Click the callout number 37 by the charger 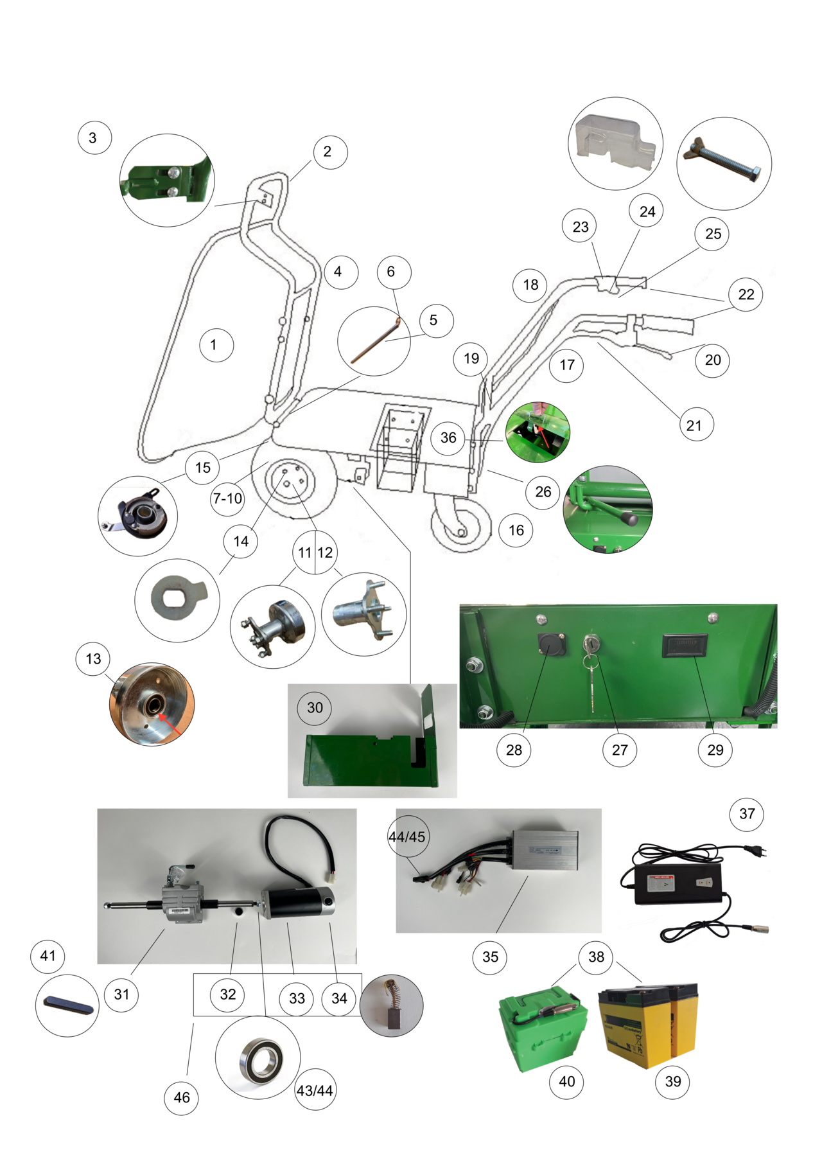747,813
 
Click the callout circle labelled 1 213,345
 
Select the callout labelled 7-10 227,499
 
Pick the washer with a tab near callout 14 176,597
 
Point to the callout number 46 182,1097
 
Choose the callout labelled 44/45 407,837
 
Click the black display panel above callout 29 685,646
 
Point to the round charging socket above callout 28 552,643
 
